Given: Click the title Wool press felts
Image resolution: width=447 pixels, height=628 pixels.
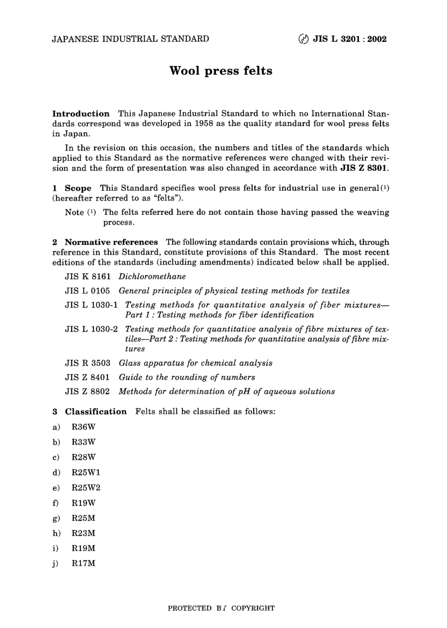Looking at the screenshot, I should [221, 71].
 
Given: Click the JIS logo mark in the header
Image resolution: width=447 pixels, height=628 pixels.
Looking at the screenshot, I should [303, 39].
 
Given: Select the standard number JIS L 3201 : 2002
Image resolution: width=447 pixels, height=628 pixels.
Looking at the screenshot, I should [350, 39].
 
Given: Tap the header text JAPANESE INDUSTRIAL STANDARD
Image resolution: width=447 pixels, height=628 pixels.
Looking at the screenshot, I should [130, 39].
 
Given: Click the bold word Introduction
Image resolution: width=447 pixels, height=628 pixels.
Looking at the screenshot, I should [80, 114].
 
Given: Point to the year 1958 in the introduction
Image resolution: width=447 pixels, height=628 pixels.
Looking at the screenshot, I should [210, 124].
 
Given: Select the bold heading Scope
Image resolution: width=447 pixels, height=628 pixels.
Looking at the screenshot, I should [78, 188].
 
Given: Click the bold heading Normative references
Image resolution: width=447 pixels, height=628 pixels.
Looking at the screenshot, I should [111, 242].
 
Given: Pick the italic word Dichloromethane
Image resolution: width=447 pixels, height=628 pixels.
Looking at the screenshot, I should [152, 276].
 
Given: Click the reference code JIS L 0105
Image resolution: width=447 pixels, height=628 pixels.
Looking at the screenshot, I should [88, 290].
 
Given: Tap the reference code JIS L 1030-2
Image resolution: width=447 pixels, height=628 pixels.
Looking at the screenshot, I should [91, 329].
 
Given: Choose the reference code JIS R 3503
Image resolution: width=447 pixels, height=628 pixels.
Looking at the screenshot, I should [88, 363].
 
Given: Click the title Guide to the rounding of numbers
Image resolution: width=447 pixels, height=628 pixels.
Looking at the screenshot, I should [187, 377].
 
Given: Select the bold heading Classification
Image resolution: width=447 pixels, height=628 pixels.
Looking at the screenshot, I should [96, 412].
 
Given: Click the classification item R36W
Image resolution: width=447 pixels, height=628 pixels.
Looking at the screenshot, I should [83, 427].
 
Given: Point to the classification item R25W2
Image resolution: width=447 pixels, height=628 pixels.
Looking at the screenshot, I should [86, 487].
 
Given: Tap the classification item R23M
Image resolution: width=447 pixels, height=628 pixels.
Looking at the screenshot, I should [83, 533].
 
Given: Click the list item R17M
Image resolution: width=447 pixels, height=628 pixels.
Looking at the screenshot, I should [83, 563].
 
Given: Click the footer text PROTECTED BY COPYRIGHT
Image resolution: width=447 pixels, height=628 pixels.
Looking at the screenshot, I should [221, 608].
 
